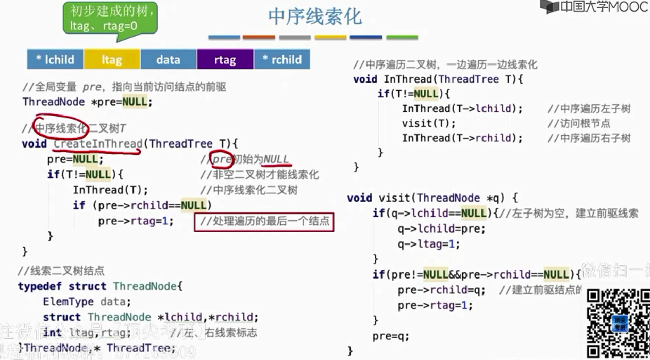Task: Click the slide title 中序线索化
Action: coord(315,17)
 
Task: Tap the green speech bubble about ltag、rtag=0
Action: coord(110,18)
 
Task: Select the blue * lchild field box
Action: coord(55,59)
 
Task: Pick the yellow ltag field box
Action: coord(111,59)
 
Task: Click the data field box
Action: coord(168,59)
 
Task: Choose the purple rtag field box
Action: coord(225,59)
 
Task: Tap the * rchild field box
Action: coord(282,59)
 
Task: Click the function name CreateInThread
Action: coord(97,143)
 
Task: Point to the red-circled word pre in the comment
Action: coord(221,159)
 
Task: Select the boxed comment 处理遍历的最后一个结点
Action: coord(264,221)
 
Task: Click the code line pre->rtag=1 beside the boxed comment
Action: coord(136,221)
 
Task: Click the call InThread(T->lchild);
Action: coord(462,109)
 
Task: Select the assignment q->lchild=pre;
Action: coord(441,228)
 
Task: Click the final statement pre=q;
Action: coord(391,336)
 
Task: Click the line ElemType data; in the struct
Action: coord(87,302)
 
